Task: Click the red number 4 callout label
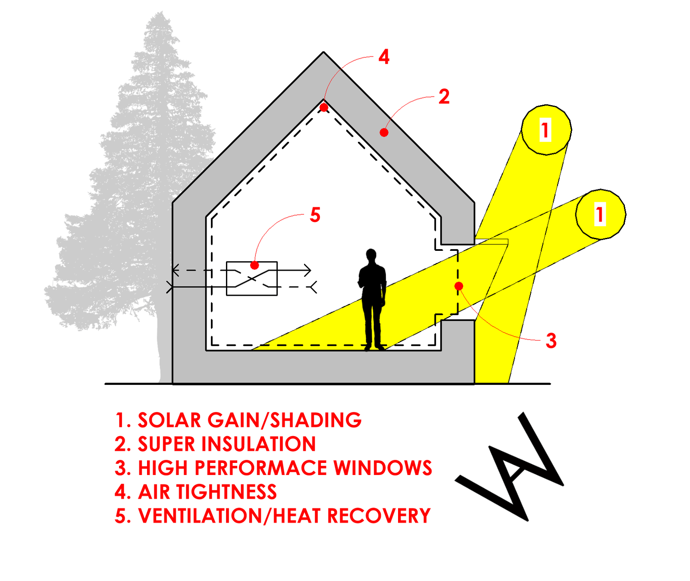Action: click(x=384, y=57)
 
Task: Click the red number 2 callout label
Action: click(x=444, y=97)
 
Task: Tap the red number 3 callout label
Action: click(x=551, y=341)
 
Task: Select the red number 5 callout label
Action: click(x=315, y=215)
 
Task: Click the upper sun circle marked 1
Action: click(x=546, y=130)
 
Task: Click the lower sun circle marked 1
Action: click(x=600, y=214)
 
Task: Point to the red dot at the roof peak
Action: click(x=324, y=107)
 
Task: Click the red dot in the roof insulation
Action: click(x=384, y=132)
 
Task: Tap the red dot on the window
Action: click(x=459, y=286)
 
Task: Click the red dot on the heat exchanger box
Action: click(x=254, y=265)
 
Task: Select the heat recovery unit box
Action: click(x=252, y=278)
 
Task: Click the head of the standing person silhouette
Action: click(x=371, y=255)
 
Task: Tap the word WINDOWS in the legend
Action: click(x=383, y=468)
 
